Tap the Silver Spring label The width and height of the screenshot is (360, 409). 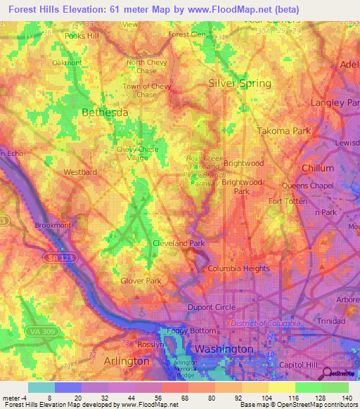pyautogui.click(x=239, y=83)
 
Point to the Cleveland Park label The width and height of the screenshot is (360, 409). pyautogui.click(x=179, y=243)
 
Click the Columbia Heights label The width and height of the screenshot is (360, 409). pyautogui.click(x=238, y=268)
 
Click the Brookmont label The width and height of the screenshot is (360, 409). pyautogui.click(x=52, y=226)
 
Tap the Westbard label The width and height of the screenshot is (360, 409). pyautogui.click(x=79, y=171)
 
